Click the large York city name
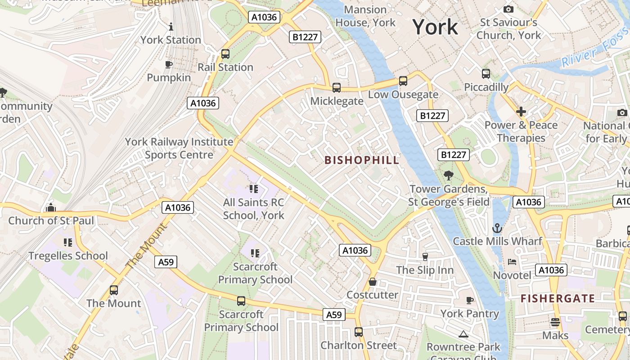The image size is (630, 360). (435, 27)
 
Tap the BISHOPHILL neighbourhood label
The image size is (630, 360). (362, 160)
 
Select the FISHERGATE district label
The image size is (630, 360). (558, 298)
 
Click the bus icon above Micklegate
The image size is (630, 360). (336, 88)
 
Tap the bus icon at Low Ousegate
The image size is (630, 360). (403, 81)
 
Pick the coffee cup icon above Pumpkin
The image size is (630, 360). (169, 65)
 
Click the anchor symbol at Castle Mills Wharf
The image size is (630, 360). (497, 228)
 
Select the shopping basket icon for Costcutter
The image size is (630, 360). (373, 282)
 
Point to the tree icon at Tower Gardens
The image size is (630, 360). (448, 175)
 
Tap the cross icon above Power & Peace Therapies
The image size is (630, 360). (521, 112)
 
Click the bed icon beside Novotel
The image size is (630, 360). (512, 262)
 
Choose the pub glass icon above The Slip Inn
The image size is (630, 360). (425, 256)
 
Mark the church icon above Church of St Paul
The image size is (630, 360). (51, 207)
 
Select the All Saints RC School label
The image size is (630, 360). (254, 209)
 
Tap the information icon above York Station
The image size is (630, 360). (171, 27)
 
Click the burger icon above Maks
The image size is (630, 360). (555, 322)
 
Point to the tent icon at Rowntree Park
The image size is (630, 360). (463, 334)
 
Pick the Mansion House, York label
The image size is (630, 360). (365, 16)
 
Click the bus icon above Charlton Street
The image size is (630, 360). (358, 332)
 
